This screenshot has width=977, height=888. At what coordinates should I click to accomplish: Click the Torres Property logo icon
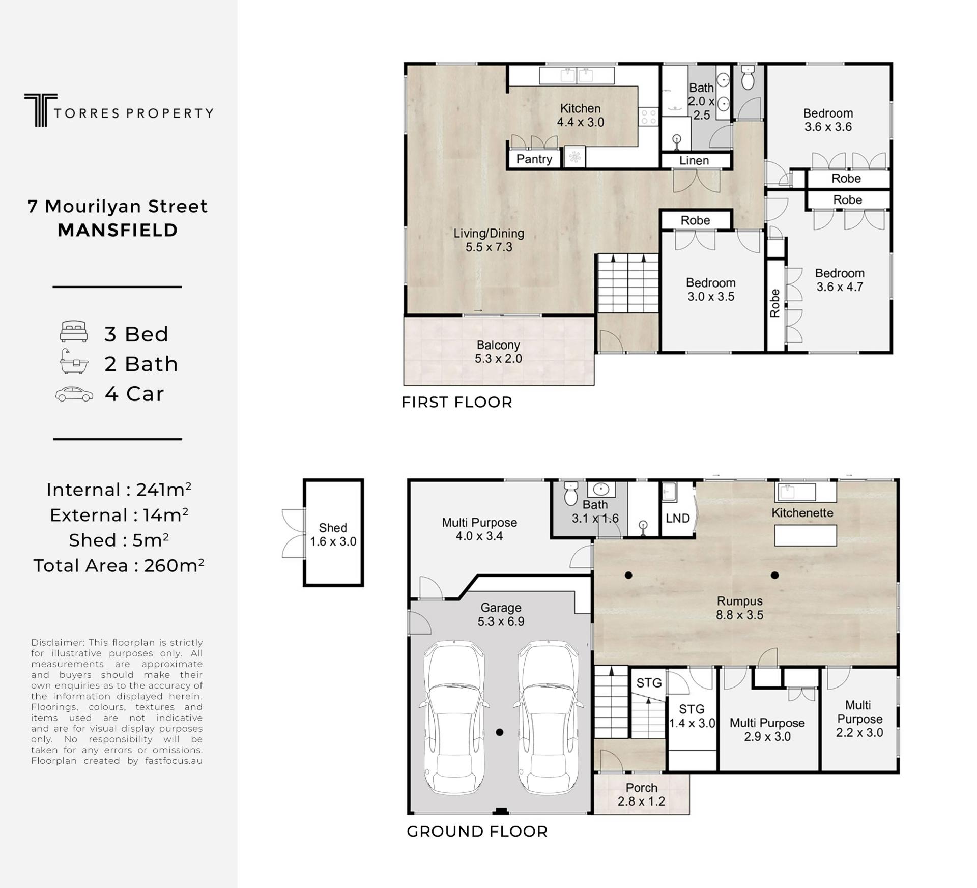(40, 110)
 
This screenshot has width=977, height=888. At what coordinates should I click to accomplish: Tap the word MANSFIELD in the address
(118, 230)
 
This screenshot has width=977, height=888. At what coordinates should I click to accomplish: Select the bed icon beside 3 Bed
(74, 331)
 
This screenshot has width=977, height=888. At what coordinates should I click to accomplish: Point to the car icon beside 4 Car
(74, 394)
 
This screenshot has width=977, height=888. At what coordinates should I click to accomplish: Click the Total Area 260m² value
(119, 565)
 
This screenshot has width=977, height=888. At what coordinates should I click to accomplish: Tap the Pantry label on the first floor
(534, 159)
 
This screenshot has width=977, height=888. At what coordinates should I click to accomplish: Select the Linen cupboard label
(694, 160)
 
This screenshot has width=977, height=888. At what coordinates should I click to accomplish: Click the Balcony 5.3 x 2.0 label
(498, 352)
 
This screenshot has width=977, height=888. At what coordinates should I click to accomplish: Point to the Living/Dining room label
(489, 240)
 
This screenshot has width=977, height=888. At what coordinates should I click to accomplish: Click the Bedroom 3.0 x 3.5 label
(711, 290)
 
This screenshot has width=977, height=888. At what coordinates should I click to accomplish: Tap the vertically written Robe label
(774, 303)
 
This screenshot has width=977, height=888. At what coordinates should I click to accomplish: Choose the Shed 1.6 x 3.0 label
(333, 535)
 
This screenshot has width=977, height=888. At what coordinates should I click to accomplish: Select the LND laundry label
(678, 518)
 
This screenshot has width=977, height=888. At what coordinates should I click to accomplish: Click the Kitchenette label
(802, 512)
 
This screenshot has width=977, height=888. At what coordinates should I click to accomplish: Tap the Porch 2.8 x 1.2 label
(641, 794)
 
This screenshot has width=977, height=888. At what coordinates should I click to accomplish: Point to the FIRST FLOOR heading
(456, 402)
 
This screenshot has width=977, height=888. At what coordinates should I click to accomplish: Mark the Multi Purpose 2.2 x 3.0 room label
(859, 719)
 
